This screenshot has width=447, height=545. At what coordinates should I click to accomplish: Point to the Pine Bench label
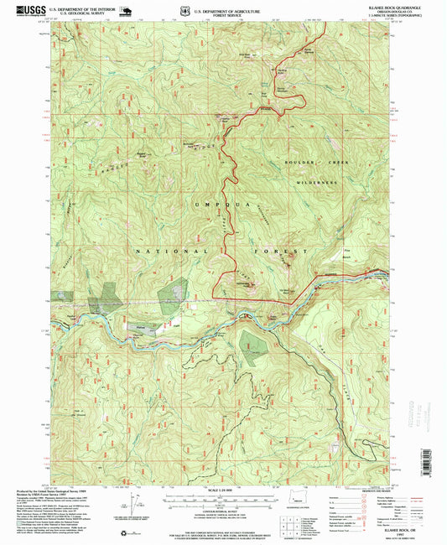pos(347,253)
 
